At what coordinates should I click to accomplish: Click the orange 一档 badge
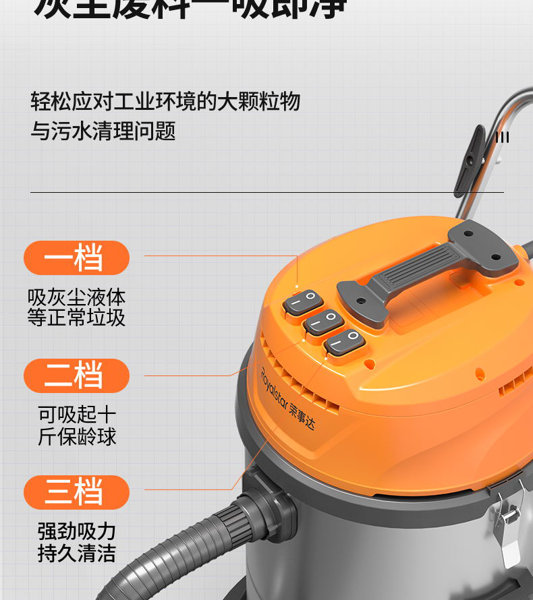[x=76, y=258]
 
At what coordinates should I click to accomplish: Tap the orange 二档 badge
[x=76, y=376]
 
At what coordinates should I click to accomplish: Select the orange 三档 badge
[x=76, y=492]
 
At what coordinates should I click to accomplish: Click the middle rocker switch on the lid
[x=324, y=322]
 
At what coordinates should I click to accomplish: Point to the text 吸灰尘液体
[x=76, y=297]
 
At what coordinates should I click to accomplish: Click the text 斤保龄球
[x=77, y=436]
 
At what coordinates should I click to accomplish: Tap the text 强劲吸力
[x=76, y=531]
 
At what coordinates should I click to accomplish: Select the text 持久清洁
[x=76, y=553]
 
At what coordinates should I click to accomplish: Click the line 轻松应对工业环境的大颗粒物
[x=165, y=102]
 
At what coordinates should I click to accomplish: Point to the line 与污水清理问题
[x=103, y=131]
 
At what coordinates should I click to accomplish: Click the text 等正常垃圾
[x=76, y=318]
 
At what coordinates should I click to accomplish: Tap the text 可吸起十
[x=77, y=414]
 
